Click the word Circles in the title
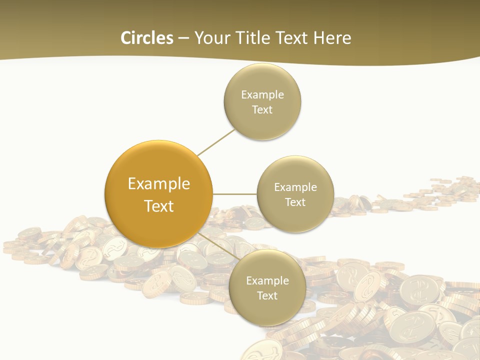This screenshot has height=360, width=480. click(x=146, y=38)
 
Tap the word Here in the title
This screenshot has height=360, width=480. click(x=332, y=38)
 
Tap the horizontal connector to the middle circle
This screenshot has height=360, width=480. click(x=234, y=194)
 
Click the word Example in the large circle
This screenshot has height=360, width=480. click(x=159, y=184)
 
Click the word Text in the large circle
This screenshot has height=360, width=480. click(x=159, y=206)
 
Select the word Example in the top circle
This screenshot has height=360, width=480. click(x=262, y=94)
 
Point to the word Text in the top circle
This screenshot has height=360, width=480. click(x=262, y=109)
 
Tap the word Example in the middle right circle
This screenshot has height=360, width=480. click(x=295, y=187)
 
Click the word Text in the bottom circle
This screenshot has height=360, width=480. click(x=267, y=295)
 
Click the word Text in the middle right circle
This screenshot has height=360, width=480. click(x=295, y=202)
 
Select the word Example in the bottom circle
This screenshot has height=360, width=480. click(x=267, y=280)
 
